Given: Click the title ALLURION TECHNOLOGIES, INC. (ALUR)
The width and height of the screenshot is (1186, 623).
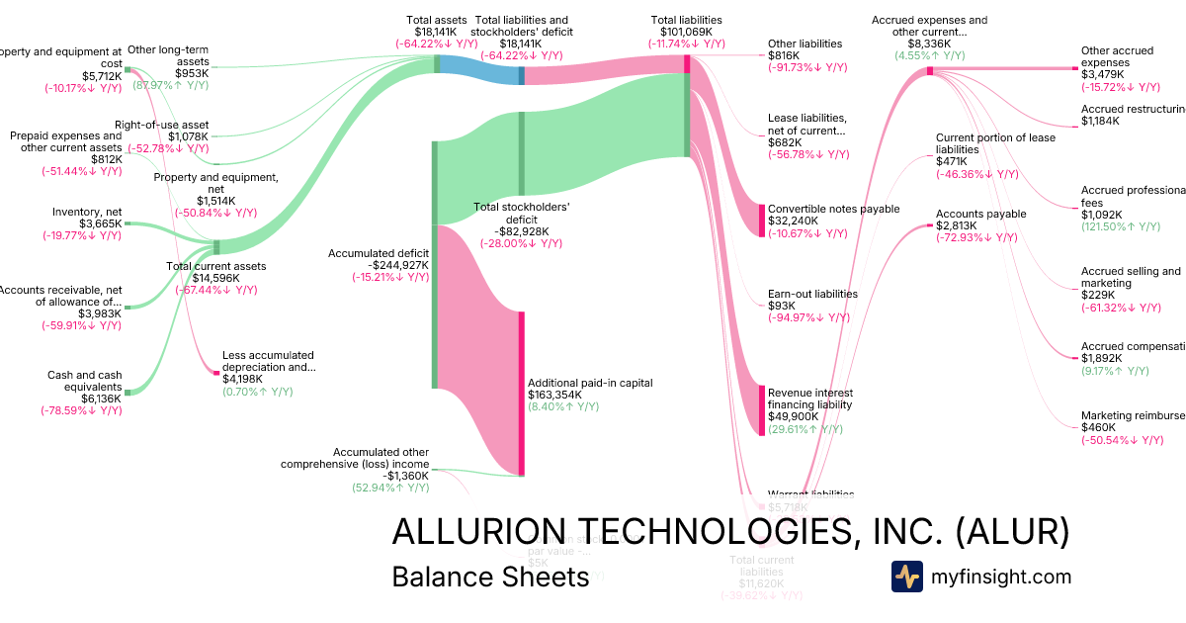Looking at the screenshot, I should (730, 531).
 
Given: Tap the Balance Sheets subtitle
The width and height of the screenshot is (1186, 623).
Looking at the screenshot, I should (490, 577).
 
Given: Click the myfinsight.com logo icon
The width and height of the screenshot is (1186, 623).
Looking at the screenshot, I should (906, 577).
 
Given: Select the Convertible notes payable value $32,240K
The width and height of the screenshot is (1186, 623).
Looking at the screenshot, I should (794, 222).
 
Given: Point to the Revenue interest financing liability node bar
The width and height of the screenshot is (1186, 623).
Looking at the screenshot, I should (762, 409).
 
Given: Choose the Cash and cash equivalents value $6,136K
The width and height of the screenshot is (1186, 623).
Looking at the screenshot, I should (101, 399).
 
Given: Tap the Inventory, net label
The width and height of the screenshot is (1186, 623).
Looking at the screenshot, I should (87, 211).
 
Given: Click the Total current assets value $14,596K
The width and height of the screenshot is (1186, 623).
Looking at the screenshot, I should (214, 278).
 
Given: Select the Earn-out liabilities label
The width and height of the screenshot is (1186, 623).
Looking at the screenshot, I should (812, 294).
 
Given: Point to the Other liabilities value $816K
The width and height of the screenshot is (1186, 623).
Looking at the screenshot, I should (785, 55).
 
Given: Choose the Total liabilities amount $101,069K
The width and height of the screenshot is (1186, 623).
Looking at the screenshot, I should (687, 32).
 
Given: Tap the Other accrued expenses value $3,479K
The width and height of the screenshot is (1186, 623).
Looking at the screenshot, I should (1102, 74).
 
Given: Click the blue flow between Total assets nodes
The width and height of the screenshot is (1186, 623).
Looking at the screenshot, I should (479, 66).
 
